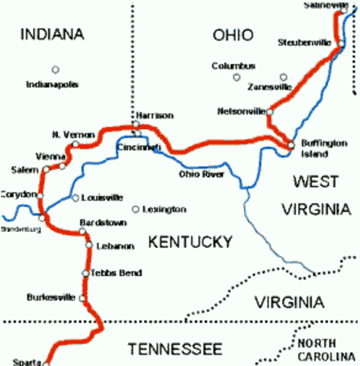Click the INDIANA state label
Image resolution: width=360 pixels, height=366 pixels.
click(51, 34)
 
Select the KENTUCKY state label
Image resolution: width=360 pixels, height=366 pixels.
click(190, 242)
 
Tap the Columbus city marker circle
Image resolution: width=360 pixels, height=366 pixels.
click(236, 77)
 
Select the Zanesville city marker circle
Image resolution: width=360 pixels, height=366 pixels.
click(284, 77)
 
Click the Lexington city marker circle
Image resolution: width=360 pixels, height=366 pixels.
click(135, 209)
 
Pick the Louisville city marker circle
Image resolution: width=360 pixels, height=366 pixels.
click(75, 197)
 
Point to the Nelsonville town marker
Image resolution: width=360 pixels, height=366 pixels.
click(270, 111)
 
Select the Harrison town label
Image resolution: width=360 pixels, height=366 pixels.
click(155, 115)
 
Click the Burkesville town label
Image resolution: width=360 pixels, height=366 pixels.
click(51, 297)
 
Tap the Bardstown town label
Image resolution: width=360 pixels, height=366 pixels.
click(98, 222)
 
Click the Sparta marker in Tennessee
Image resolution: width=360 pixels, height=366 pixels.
click(47, 364)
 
